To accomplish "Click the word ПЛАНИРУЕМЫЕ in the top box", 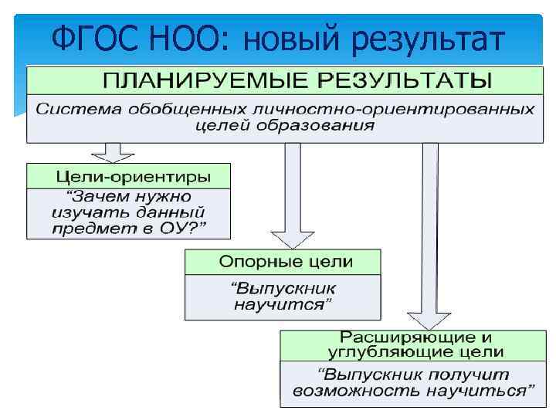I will (193, 80).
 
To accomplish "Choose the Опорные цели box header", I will (283, 262).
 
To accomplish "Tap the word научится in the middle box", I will (283, 305).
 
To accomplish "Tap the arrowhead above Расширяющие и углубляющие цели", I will (424, 320).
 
